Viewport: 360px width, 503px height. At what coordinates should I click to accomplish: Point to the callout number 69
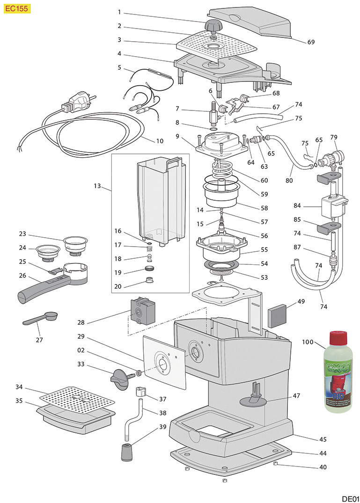tap(311, 42)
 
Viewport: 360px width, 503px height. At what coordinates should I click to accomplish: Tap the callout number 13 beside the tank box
tap(97, 186)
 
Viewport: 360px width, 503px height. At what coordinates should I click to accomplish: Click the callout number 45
tap(309, 439)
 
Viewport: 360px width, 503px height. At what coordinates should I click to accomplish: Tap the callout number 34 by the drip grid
tap(19, 387)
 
